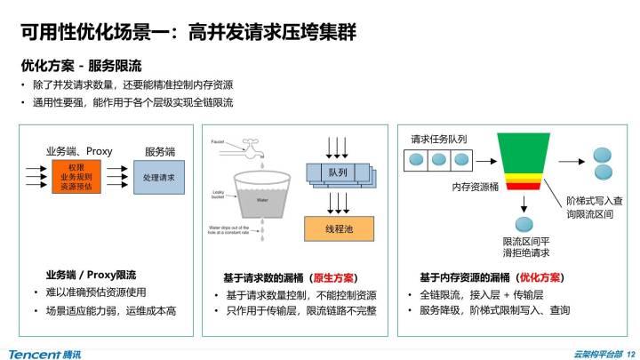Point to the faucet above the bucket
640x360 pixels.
click(x=252, y=149)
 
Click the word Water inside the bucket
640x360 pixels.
click(x=261, y=201)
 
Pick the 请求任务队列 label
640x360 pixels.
click(x=438, y=140)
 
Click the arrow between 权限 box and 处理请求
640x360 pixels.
click(x=123, y=178)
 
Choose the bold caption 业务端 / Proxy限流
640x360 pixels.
click(x=91, y=275)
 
